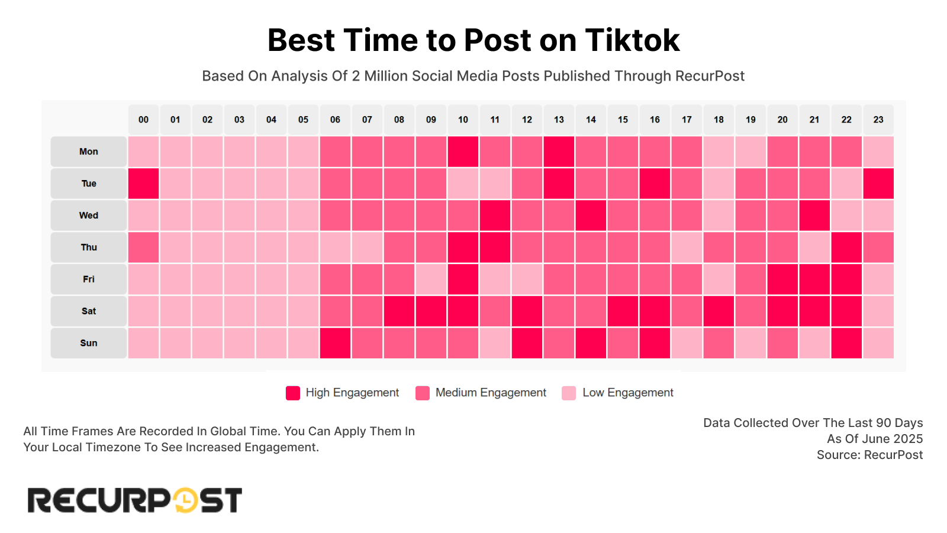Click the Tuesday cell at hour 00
(143, 184)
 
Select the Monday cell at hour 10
(463, 152)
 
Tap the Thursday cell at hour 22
(846, 248)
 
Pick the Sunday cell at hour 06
(335, 343)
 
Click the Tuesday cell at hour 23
(878, 184)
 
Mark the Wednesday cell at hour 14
(591, 216)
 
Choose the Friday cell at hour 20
(782, 280)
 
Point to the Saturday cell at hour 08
(399, 311)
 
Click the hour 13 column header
(559, 120)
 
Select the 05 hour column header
(303, 120)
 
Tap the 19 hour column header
(750, 120)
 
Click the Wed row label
(89, 216)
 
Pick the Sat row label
(89, 311)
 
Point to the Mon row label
(89, 152)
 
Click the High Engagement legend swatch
(293, 393)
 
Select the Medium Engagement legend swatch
(423, 393)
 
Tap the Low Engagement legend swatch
(569, 393)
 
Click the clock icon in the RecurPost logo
(185, 500)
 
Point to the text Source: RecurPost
(869, 455)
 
